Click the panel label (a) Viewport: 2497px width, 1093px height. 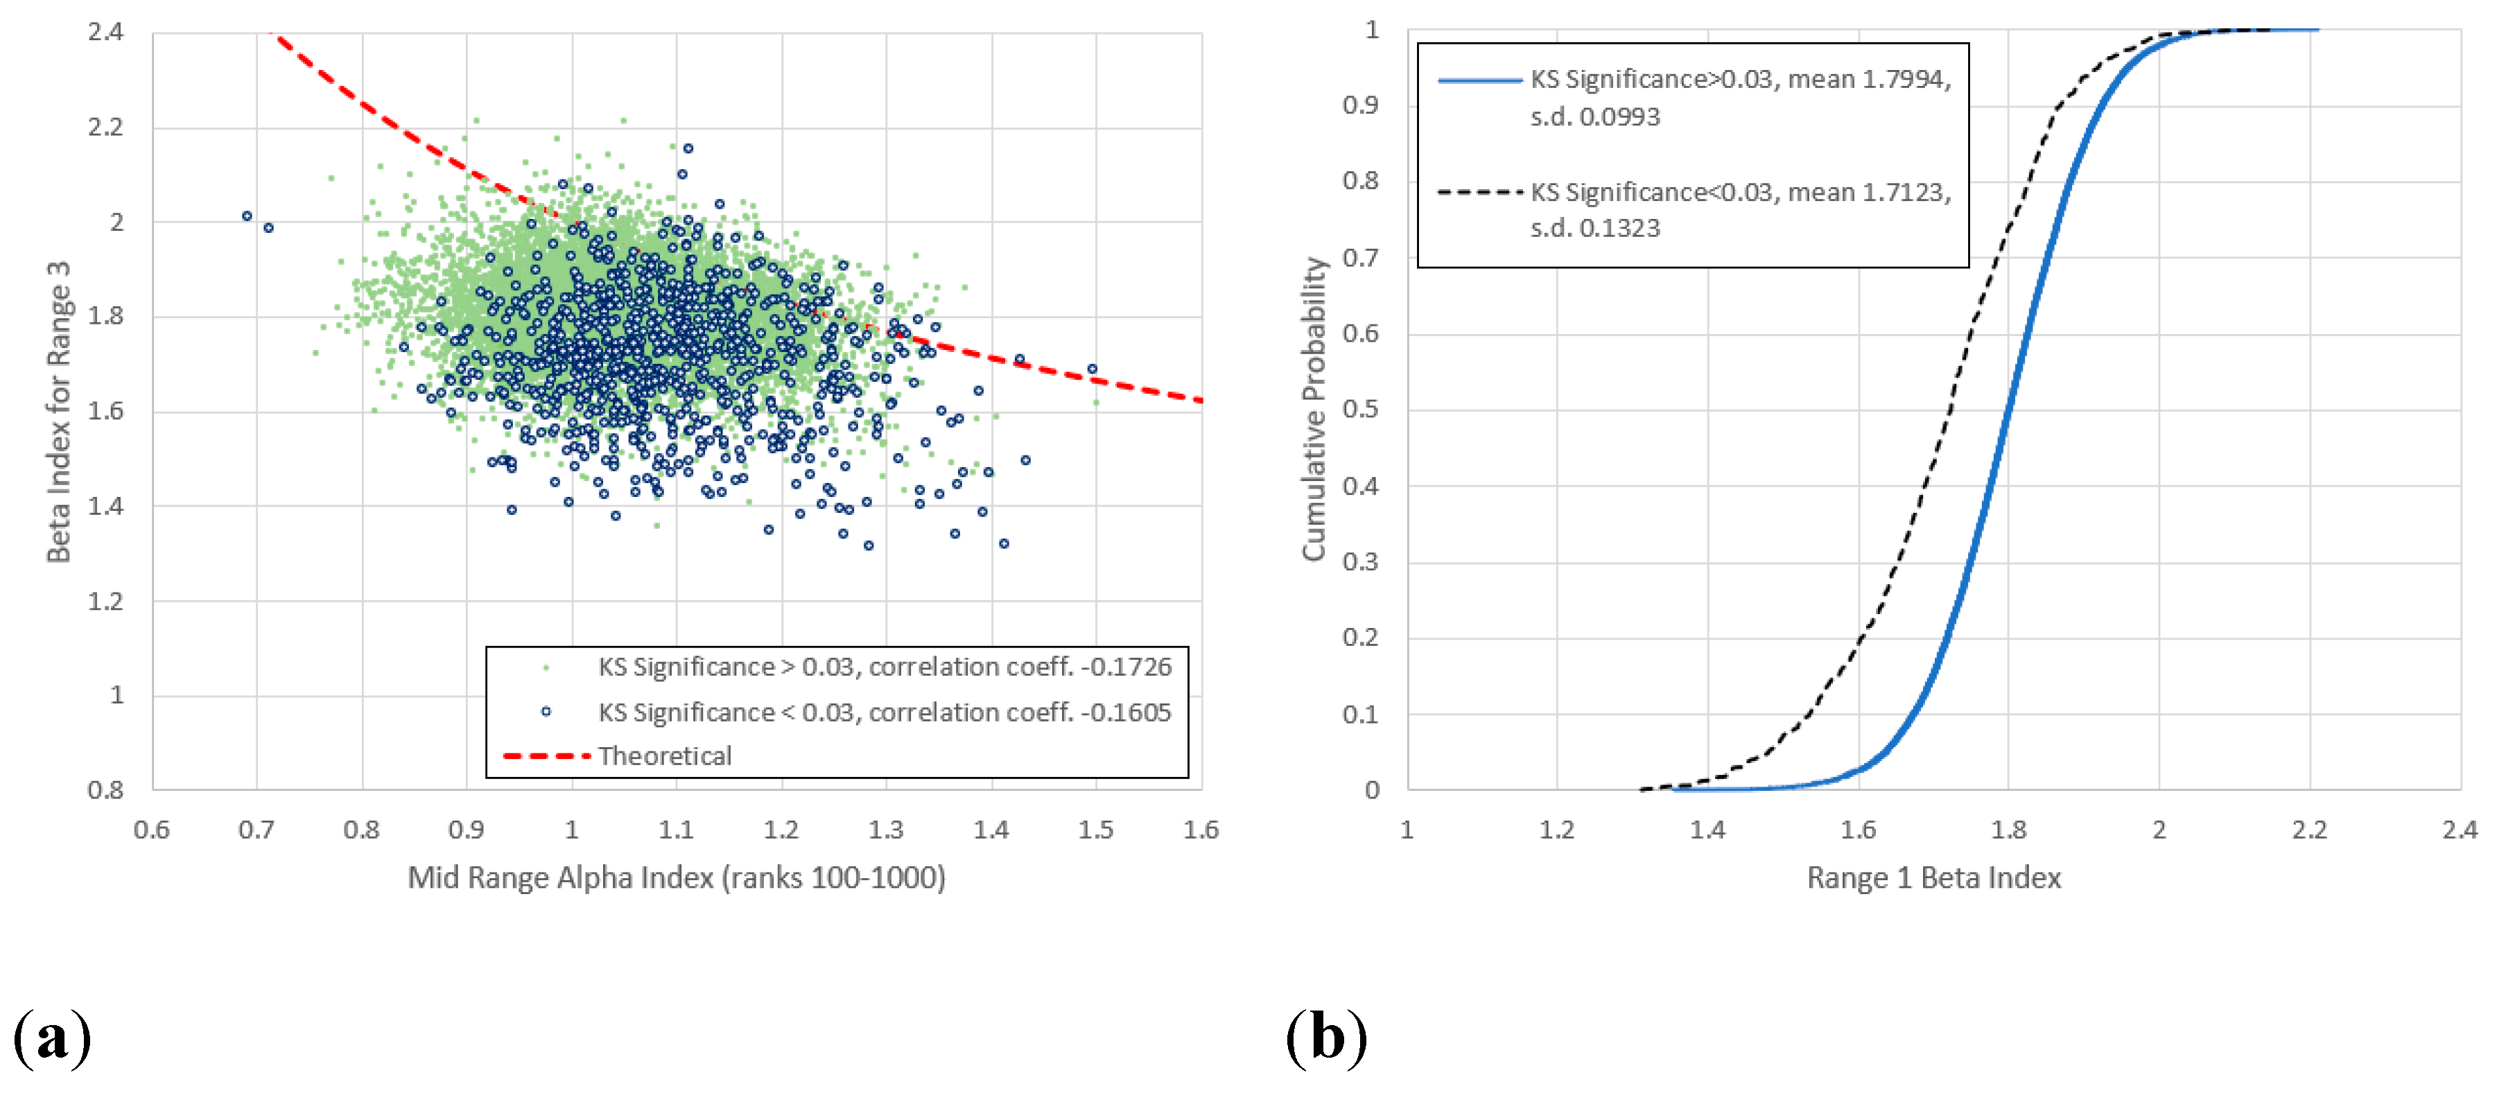(x=53, y=1037)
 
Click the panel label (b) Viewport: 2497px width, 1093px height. (x=1326, y=1037)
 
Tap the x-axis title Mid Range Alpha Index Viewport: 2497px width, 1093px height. (x=676, y=878)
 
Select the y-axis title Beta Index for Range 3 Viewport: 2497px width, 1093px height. (x=59, y=411)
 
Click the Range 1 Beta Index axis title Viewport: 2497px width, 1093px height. (x=1933, y=878)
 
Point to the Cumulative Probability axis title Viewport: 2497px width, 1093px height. (x=1314, y=409)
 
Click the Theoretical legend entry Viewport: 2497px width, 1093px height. (x=664, y=755)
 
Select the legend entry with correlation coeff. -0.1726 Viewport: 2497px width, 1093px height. (x=883, y=667)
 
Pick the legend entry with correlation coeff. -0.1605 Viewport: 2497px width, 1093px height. (x=883, y=712)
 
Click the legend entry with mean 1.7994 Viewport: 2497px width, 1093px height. (x=1739, y=97)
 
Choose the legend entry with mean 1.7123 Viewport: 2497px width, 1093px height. (x=1739, y=209)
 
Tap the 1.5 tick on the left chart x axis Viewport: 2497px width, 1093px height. (x=1095, y=830)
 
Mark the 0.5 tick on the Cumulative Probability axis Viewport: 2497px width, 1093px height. (x=1360, y=409)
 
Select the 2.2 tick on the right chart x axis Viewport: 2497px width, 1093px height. (x=2309, y=830)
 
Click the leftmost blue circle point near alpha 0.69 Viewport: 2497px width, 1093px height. (x=247, y=216)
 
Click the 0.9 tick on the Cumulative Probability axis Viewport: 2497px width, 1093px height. (x=1360, y=105)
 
